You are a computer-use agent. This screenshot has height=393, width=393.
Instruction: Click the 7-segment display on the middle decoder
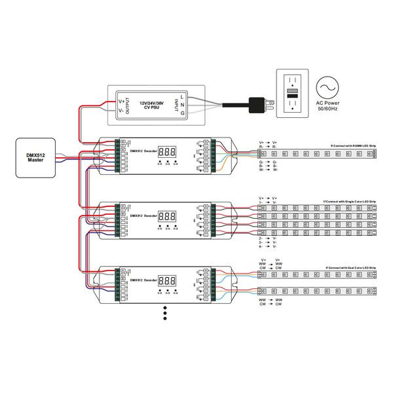166,215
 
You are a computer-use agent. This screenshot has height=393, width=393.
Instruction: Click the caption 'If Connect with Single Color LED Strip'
350,202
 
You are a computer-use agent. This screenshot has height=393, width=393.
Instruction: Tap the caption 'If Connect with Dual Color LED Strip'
351,269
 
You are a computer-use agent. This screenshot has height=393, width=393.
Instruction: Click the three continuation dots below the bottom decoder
165,313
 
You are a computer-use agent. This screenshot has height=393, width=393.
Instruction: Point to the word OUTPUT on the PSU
128,104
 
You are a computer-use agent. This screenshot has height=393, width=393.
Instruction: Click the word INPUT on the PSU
175,105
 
